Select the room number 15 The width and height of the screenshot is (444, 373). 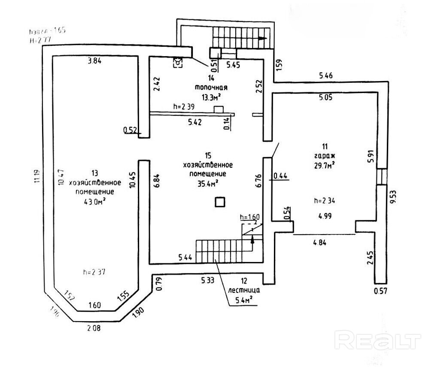tap(208, 156)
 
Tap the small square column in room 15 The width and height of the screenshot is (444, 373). tap(220, 202)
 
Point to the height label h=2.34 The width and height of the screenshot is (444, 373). tap(324, 199)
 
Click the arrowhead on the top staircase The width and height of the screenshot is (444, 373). tap(262, 39)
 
